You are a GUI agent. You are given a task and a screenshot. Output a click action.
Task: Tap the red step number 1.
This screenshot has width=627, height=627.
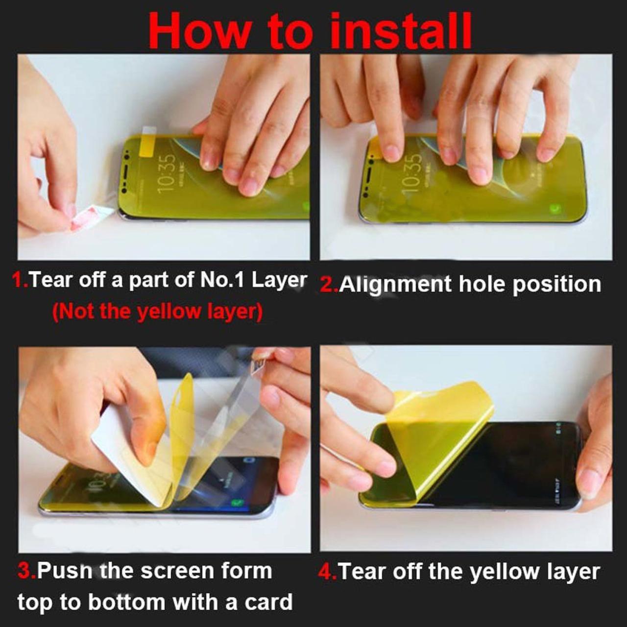click(19, 280)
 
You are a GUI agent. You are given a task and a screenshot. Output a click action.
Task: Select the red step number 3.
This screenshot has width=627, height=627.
click(25, 571)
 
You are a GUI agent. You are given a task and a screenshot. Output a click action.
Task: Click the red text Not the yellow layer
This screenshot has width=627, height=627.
click(157, 312)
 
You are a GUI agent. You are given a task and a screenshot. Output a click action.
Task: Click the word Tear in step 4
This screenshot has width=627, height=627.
click(362, 572)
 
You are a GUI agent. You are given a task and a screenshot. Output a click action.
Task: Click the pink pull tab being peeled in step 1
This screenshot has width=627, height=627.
click(83, 219)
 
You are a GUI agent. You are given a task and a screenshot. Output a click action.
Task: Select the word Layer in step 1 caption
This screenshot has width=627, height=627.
click(279, 280)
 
